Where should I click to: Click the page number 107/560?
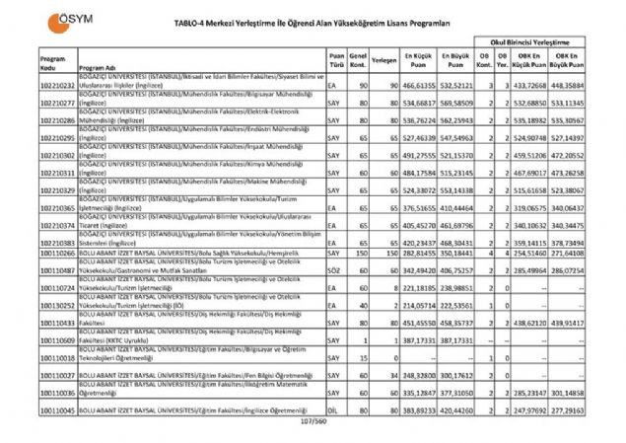312,420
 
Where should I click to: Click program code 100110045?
58,407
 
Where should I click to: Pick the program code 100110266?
58,254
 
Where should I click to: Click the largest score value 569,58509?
458,102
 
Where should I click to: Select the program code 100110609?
58,338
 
